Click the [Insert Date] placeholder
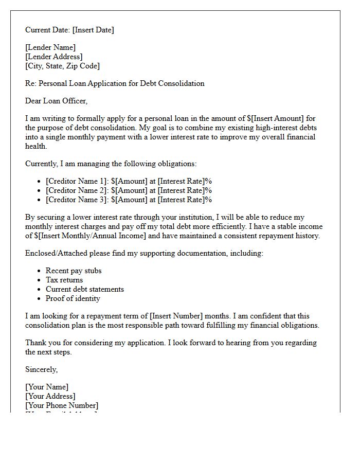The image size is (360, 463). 93,30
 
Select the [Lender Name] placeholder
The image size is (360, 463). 50,47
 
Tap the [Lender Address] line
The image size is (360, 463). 54,57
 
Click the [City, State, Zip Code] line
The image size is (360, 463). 62,66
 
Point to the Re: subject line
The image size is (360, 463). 115,83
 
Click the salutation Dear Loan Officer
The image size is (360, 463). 57,101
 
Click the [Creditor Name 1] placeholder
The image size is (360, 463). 77,181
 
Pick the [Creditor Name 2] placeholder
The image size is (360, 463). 77,190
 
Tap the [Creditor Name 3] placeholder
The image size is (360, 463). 77,200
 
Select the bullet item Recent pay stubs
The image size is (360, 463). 74,271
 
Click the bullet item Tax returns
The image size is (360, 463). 64,280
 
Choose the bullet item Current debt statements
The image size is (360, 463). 85,289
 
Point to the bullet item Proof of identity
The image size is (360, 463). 73,298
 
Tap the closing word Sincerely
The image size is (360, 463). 42,369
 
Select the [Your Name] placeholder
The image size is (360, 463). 47,387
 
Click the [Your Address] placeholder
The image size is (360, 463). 50,396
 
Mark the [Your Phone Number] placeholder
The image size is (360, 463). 62,405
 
